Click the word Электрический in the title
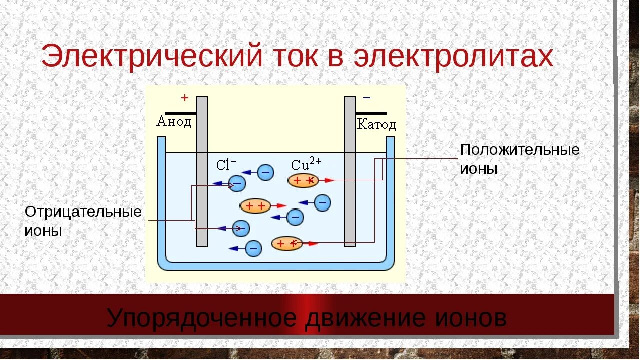[151, 56]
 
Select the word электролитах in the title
[454, 56]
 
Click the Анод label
[174, 121]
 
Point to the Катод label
[376, 124]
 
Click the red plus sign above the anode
[184, 98]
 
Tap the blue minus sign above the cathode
[367, 98]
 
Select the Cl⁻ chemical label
[226, 165]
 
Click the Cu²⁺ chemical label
[306, 164]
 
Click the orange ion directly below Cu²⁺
[303, 181]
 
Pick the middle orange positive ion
[255, 205]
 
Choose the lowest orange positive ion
[287, 244]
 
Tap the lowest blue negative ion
[253, 248]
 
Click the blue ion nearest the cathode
[323, 202]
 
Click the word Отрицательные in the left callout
[83, 212]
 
